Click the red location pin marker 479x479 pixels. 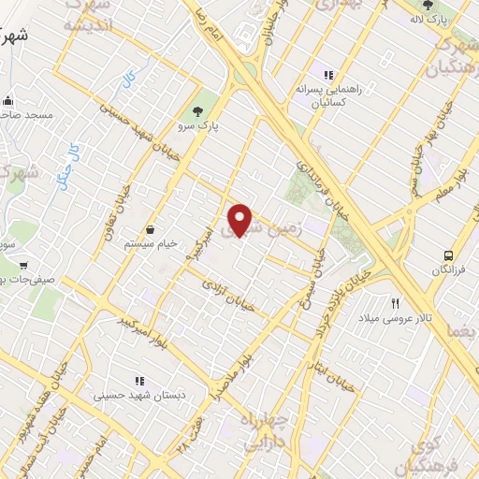(240, 220)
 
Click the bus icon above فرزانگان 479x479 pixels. (449, 254)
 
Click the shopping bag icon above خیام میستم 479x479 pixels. (150, 229)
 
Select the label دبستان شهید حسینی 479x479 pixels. (139, 396)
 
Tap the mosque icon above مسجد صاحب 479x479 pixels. (8, 99)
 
